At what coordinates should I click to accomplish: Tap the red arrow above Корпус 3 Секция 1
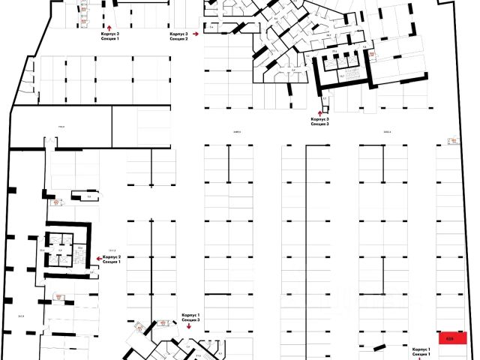pos(109,25)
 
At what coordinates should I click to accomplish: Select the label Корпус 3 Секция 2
pos(178,37)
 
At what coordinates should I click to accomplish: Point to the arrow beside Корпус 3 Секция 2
pos(196,34)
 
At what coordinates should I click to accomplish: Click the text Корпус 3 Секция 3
pos(319,121)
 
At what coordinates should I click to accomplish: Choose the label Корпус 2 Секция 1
pos(110,259)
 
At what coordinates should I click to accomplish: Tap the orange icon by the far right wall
pos(452,140)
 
